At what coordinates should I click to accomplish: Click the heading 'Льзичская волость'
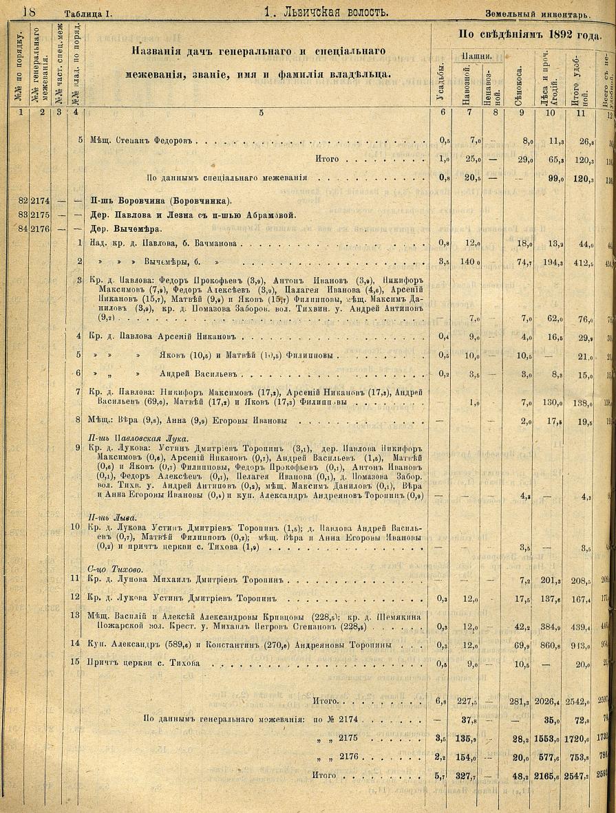[326, 12]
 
